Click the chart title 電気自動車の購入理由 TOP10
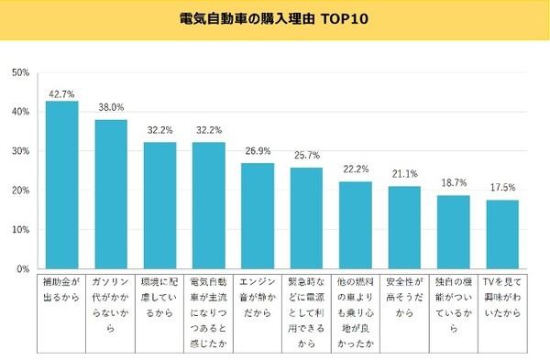275,18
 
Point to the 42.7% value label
61,93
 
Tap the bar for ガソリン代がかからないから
111,194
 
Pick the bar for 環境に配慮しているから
159,206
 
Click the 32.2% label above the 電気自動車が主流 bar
209,131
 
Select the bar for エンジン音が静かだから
258,216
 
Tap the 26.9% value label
258,152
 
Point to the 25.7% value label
306,157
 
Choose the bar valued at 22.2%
356,225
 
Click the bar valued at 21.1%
404,228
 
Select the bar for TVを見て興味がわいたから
502,235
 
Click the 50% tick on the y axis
21,71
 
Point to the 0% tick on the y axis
24,269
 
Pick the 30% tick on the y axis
21,151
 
